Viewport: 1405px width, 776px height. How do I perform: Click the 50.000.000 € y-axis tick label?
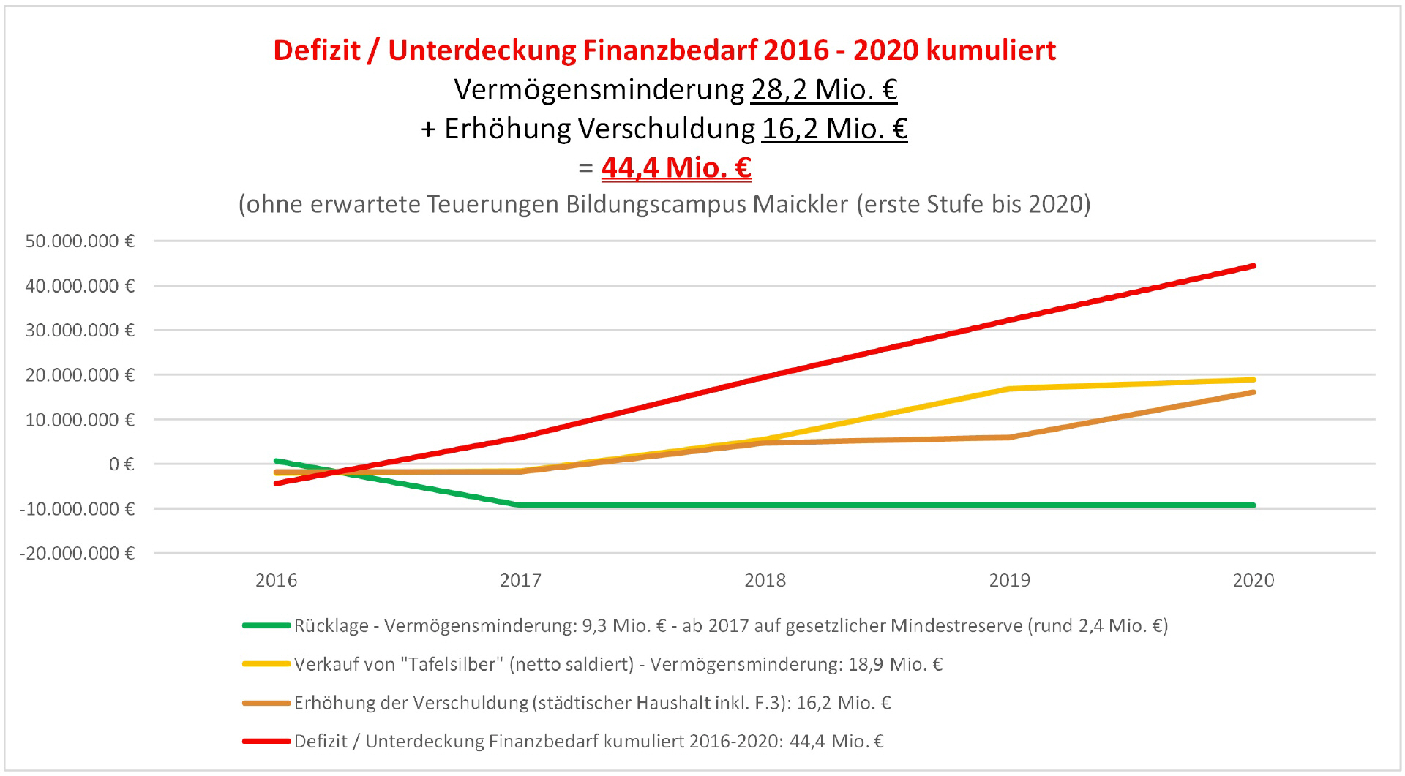pyautogui.click(x=80, y=241)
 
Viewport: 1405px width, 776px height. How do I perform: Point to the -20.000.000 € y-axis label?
pyautogui.click(x=77, y=554)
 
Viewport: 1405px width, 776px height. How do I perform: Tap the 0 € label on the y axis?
pyautogui.click(x=121, y=464)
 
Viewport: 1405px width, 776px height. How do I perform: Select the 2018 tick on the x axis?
pyautogui.click(x=765, y=581)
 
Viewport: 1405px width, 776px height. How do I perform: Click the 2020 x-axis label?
pyautogui.click(x=1254, y=581)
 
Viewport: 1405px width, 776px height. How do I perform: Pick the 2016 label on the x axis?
pyautogui.click(x=277, y=581)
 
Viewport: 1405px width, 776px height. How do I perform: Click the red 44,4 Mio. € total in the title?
pyautogui.click(x=676, y=167)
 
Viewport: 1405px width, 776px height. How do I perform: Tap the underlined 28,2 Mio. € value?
pyautogui.click(x=824, y=90)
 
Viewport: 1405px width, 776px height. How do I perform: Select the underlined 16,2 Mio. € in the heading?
pyautogui.click(x=835, y=129)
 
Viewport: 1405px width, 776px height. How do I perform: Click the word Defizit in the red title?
pyautogui.click(x=317, y=50)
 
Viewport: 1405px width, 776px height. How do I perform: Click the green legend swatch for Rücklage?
pyautogui.click(x=266, y=626)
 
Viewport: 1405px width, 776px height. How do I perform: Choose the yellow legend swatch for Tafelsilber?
pyautogui.click(x=266, y=664)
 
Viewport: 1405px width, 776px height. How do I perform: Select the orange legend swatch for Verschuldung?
pyautogui.click(x=266, y=703)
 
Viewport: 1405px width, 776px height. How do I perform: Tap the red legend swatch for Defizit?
pyautogui.click(x=266, y=742)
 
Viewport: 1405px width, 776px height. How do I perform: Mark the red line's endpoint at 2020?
pyautogui.click(x=1254, y=266)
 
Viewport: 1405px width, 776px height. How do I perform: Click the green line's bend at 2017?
pyautogui.click(x=520, y=505)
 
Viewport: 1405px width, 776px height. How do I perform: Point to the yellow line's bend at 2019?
pyautogui.click(x=1009, y=389)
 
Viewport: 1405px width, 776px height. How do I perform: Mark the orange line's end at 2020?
pyautogui.click(x=1254, y=393)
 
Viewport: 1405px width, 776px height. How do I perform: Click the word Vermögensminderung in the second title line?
pyautogui.click(x=599, y=90)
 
